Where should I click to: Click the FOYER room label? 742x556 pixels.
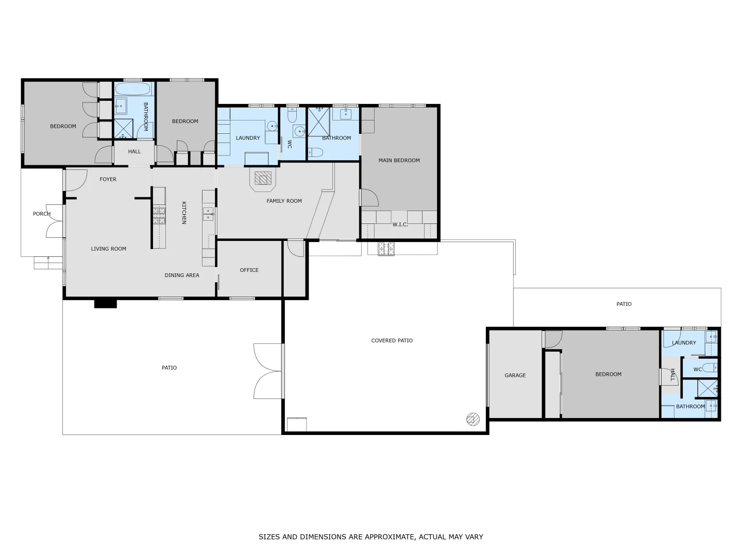108,179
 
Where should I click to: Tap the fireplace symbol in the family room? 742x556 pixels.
264,179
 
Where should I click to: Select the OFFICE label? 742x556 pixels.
249,270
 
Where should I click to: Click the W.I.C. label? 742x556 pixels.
400,224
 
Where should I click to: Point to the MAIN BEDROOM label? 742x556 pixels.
399,160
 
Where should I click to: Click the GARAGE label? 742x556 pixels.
515,375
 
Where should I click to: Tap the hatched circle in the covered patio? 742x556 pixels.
473,419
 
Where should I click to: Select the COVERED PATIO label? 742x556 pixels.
392,340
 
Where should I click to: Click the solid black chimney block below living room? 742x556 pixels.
106,304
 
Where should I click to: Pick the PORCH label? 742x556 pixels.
42,214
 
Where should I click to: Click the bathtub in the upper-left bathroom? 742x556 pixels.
134,89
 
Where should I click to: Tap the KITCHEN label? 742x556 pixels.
183,213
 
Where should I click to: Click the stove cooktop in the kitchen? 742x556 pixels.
159,215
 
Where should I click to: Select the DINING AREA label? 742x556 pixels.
182,275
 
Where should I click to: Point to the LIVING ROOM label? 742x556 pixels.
109,249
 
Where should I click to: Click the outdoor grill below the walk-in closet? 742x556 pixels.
386,249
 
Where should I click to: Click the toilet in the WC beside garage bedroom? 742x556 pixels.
711,369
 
